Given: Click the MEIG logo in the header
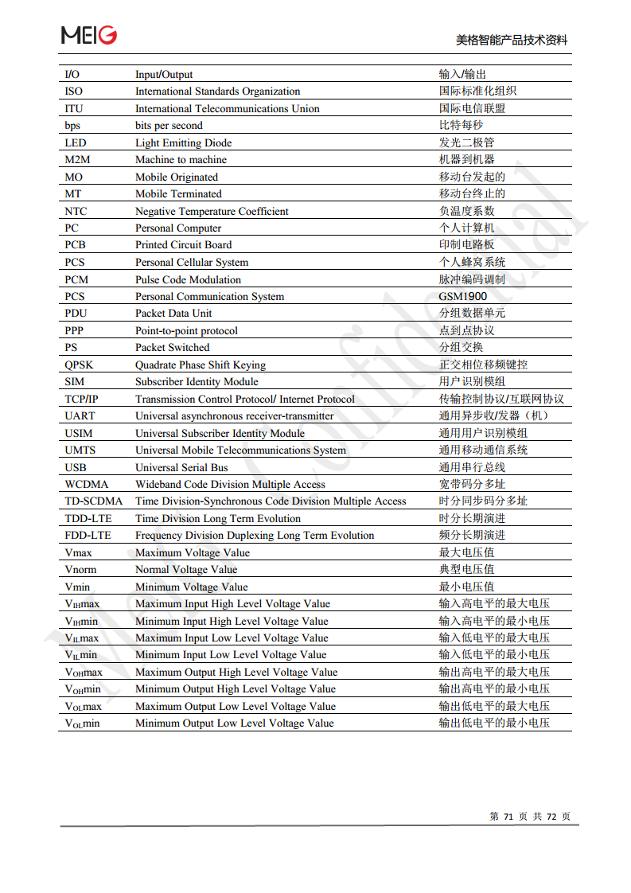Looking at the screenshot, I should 89,34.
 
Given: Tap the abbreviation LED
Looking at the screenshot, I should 76,142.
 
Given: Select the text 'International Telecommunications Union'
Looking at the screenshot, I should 227,108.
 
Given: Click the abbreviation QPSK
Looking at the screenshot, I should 79,365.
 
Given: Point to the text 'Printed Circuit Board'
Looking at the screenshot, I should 183,244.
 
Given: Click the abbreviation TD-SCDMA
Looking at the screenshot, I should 94,501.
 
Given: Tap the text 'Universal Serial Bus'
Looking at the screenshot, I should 181,467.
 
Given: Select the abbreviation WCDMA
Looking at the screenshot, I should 86,484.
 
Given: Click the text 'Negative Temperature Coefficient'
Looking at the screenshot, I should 212,211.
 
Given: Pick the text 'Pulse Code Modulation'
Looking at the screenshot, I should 188,279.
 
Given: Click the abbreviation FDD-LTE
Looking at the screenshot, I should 89,535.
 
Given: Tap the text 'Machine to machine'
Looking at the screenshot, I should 181,159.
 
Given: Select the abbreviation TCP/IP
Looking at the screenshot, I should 82,399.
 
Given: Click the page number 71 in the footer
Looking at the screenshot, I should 508,817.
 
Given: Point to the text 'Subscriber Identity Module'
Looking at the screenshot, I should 197,381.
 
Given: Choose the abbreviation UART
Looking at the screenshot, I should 80,415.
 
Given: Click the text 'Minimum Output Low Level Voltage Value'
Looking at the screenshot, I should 234,723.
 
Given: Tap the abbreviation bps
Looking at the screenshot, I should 72,125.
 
